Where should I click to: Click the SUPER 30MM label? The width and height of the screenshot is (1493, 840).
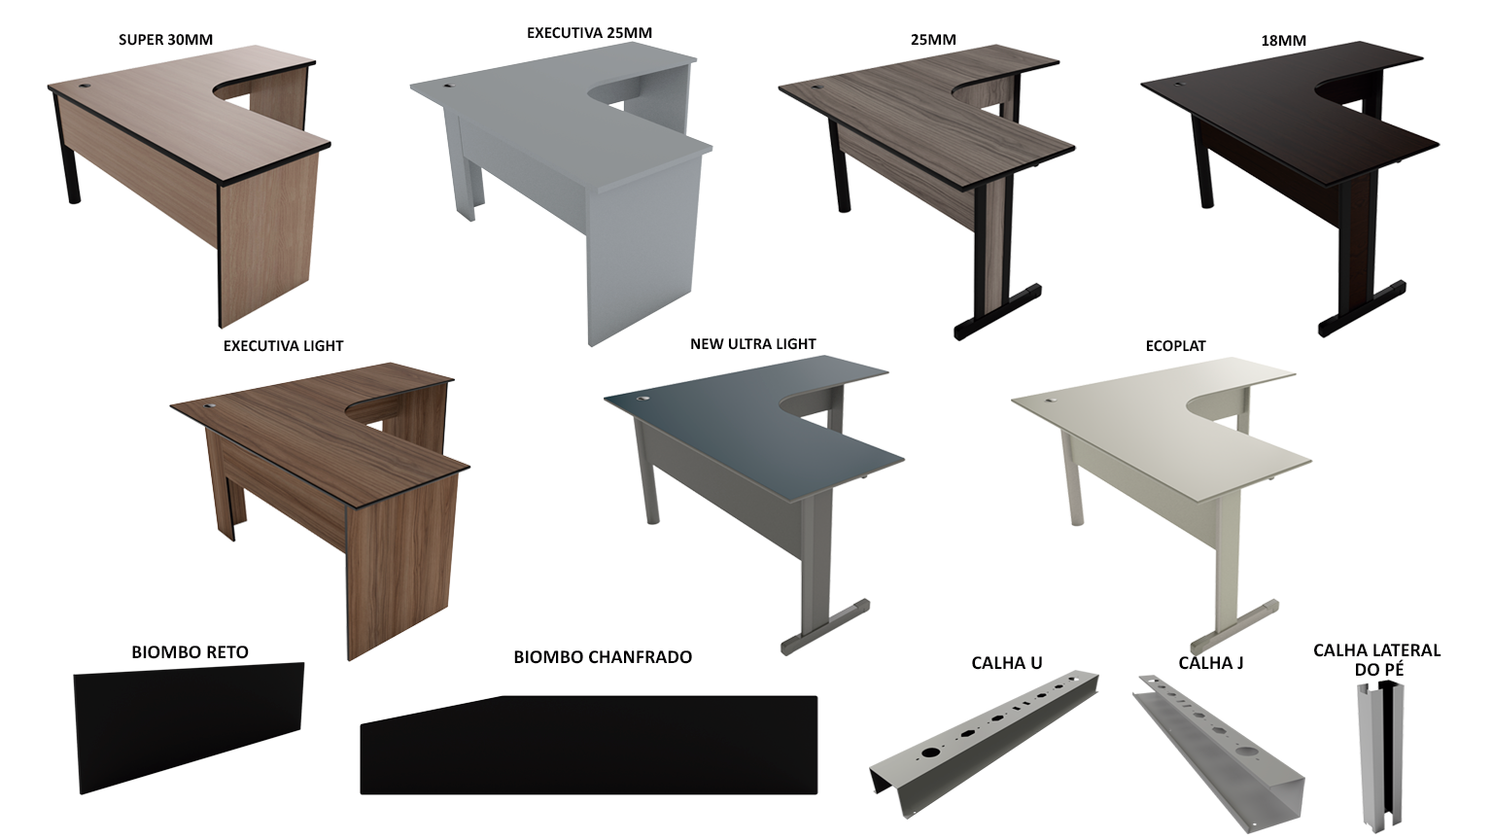(x=166, y=40)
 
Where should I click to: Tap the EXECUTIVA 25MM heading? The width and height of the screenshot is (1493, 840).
(x=589, y=33)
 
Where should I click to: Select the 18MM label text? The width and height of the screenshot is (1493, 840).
(x=1284, y=41)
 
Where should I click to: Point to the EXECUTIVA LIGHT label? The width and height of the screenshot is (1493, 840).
(x=283, y=346)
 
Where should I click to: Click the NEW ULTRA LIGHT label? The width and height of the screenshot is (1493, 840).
(x=753, y=344)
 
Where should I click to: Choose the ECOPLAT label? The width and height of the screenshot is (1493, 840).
(x=1176, y=346)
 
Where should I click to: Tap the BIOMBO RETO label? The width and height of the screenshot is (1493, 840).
(x=190, y=652)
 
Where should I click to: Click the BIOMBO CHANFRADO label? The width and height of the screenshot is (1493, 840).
(x=603, y=657)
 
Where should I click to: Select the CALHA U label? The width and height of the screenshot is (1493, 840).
(x=1006, y=663)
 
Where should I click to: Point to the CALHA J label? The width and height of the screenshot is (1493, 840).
(x=1211, y=663)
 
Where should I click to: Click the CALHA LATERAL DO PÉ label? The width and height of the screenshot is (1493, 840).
(x=1377, y=659)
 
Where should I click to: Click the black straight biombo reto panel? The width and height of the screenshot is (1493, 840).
(x=189, y=728)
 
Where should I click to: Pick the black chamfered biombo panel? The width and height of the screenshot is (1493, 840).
(x=589, y=746)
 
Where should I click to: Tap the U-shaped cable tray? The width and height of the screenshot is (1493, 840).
(x=985, y=744)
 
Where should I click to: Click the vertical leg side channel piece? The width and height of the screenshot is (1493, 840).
(x=1380, y=754)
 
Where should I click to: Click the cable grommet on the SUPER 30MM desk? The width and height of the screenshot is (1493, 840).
(x=86, y=87)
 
